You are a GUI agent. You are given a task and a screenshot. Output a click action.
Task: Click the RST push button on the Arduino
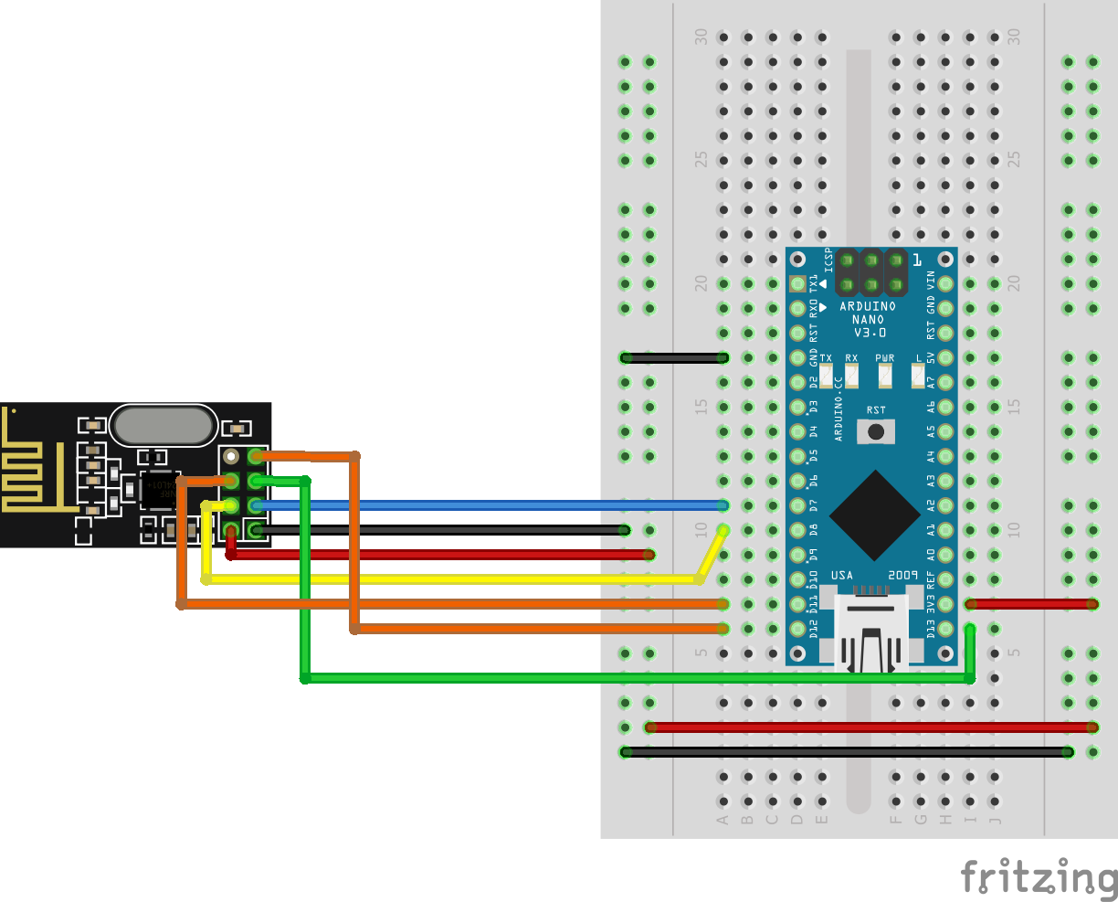pos(876,431)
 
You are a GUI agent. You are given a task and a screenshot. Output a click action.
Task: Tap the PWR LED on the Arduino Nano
pos(884,375)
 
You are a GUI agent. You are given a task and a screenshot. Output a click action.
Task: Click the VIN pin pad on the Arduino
pos(946,283)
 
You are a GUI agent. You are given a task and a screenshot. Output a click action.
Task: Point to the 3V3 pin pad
pos(946,604)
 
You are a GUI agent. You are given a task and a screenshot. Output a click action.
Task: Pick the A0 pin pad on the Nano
pos(946,555)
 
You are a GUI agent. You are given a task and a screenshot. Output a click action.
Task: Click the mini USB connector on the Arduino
pos(870,631)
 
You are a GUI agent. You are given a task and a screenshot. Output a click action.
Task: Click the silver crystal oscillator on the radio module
pos(163,426)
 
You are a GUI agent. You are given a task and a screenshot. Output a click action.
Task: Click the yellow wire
pos(457,579)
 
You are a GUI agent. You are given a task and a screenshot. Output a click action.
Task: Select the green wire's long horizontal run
pos(639,678)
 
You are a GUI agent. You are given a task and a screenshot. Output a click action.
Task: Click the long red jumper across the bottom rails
pos(868,727)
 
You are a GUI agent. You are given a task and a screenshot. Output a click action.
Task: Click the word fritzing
pos(1039,877)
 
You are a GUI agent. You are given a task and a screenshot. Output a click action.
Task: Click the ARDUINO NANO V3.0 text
pos(867,319)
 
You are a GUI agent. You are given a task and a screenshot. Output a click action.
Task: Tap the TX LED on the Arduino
pos(826,375)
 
